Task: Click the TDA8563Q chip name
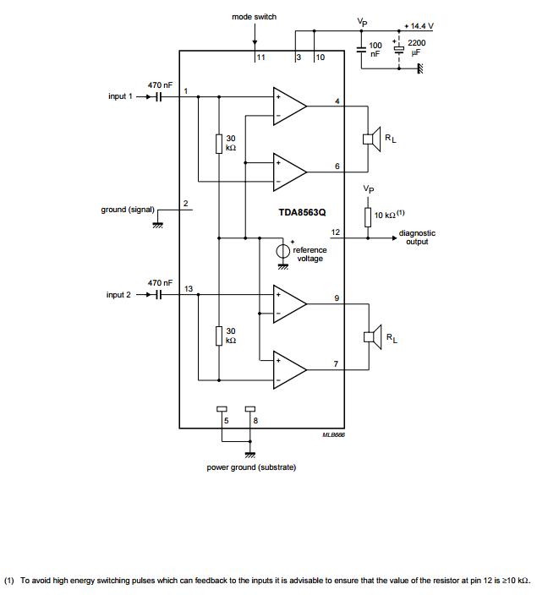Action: [x=302, y=212]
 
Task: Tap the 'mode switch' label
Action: [x=254, y=17]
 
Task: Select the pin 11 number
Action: [x=261, y=57]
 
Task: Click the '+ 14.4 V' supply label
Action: [x=419, y=26]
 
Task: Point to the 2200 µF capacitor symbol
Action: [x=399, y=49]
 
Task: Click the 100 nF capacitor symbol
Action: [x=362, y=49]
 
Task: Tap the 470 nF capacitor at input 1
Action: [x=159, y=96]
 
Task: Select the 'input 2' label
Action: [x=118, y=295]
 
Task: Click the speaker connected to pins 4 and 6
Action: [x=372, y=139]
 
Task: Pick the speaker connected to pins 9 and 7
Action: [x=373, y=336]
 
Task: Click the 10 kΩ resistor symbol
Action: [x=368, y=217]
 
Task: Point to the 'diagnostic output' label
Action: [x=417, y=237]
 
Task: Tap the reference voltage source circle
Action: [x=282, y=251]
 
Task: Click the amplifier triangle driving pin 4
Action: [x=290, y=106]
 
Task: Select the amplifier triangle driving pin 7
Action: [x=290, y=370]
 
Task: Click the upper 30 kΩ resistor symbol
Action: [x=219, y=144]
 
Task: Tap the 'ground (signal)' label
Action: [x=128, y=210]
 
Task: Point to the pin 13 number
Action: [x=189, y=289]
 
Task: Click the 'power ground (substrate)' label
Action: [x=251, y=467]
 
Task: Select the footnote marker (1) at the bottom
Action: [x=9, y=581]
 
